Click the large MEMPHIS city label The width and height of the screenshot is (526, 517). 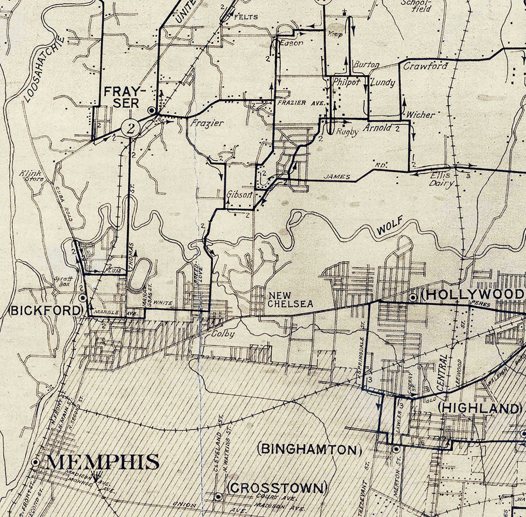point(102,462)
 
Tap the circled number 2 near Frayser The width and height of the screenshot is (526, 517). point(130,128)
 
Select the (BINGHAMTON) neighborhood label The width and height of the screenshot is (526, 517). point(309,449)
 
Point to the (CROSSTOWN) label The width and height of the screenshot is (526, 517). point(277,488)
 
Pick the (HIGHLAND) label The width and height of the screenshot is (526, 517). point(479,408)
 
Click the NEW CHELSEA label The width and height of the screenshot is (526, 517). point(290,299)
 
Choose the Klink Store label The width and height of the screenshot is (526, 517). point(29,176)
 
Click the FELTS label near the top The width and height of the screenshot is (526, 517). point(246,17)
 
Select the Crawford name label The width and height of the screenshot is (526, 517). point(425,66)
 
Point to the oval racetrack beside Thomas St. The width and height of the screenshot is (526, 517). point(138,275)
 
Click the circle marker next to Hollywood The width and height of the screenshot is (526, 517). point(413,297)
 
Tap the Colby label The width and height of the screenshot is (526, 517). point(223,334)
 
